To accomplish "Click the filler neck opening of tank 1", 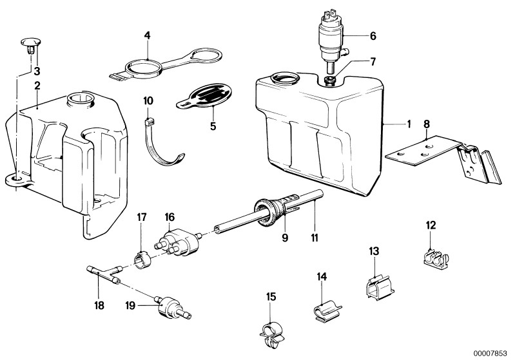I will click(284, 80).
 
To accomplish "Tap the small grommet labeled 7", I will click(330, 80).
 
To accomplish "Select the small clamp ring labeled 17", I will click(141, 257).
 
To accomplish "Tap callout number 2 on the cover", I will click(37, 85).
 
